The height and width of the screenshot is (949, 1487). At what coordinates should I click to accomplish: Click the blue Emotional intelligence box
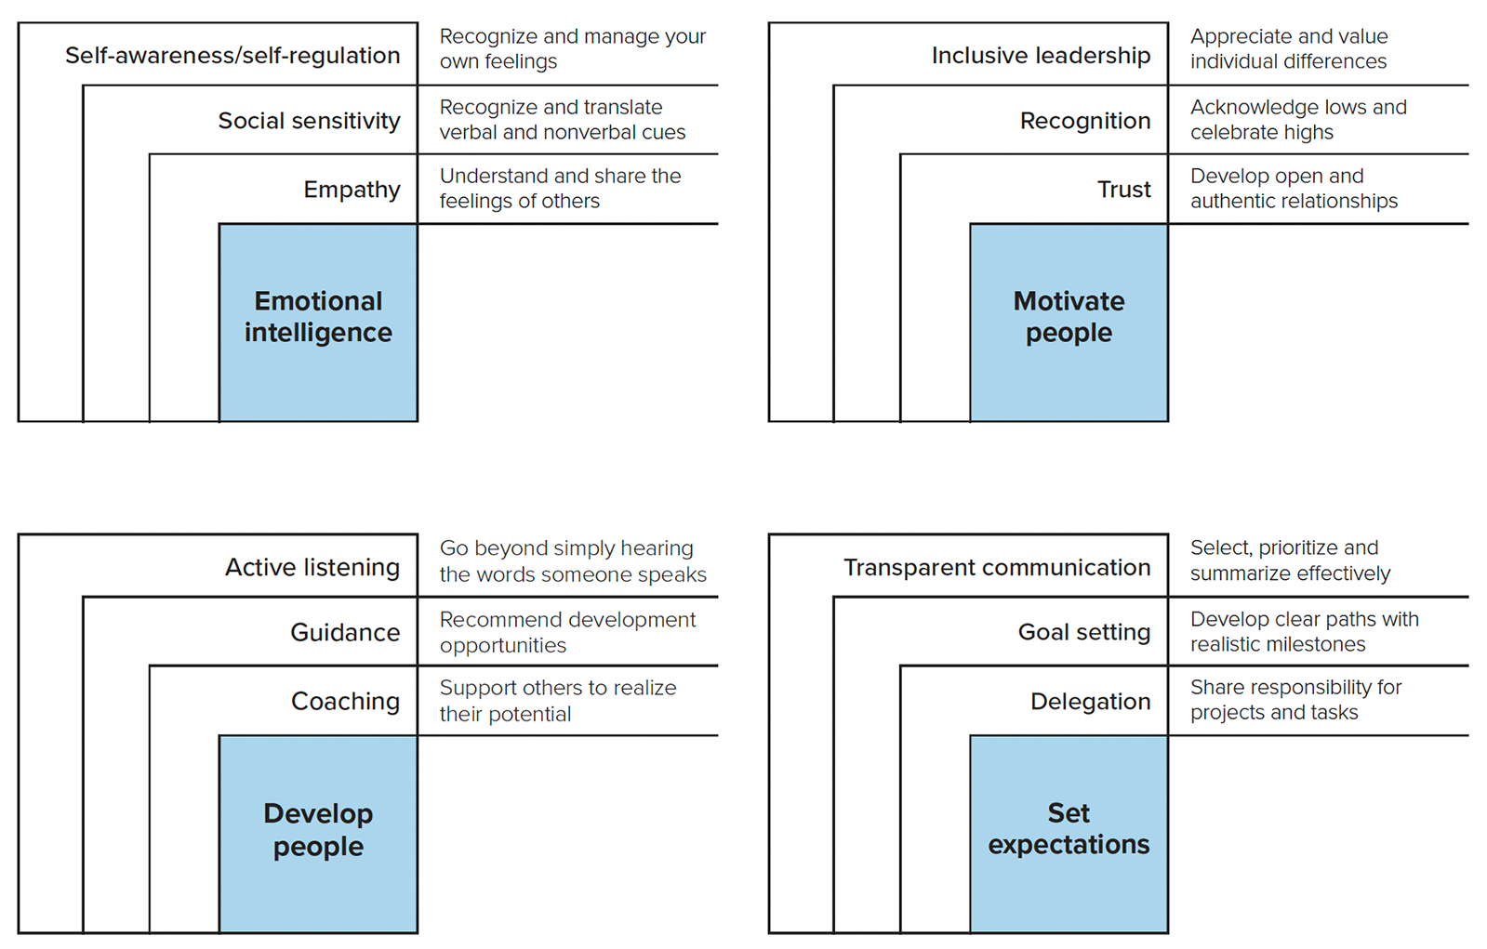coord(318,322)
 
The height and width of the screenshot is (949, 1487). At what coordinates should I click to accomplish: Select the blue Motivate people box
coord(1069,322)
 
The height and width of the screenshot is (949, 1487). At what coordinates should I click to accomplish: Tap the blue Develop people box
coord(318,833)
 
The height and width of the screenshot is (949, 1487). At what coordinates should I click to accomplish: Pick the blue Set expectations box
coord(1069,833)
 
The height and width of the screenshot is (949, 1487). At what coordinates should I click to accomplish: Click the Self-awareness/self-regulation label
coord(232,56)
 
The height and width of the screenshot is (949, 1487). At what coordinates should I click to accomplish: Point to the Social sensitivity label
coord(309,121)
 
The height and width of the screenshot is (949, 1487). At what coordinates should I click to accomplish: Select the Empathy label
coord(352,190)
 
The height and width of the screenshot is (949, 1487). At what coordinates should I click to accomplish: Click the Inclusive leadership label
coord(1041,56)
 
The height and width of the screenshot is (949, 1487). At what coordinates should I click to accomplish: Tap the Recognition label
coord(1084,121)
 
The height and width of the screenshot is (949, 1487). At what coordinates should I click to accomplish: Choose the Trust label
coord(1123,190)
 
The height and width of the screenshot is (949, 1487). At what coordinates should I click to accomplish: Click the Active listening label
coord(312,567)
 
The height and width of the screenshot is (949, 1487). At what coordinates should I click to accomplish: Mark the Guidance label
coord(345,632)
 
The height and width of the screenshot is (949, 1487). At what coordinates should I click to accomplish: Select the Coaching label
coord(345,701)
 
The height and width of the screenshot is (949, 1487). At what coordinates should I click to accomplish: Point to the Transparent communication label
coord(997,567)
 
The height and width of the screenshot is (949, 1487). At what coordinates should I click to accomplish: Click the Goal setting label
coord(1084,632)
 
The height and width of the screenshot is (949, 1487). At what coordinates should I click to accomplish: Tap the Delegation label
coord(1090,701)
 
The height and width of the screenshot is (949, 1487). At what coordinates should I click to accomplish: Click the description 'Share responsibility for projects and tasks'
coord(1294,700)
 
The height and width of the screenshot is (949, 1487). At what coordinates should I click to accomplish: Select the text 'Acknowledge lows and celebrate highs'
coord(1297,120)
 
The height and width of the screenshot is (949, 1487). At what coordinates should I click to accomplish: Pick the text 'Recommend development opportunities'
coord(566,632)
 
